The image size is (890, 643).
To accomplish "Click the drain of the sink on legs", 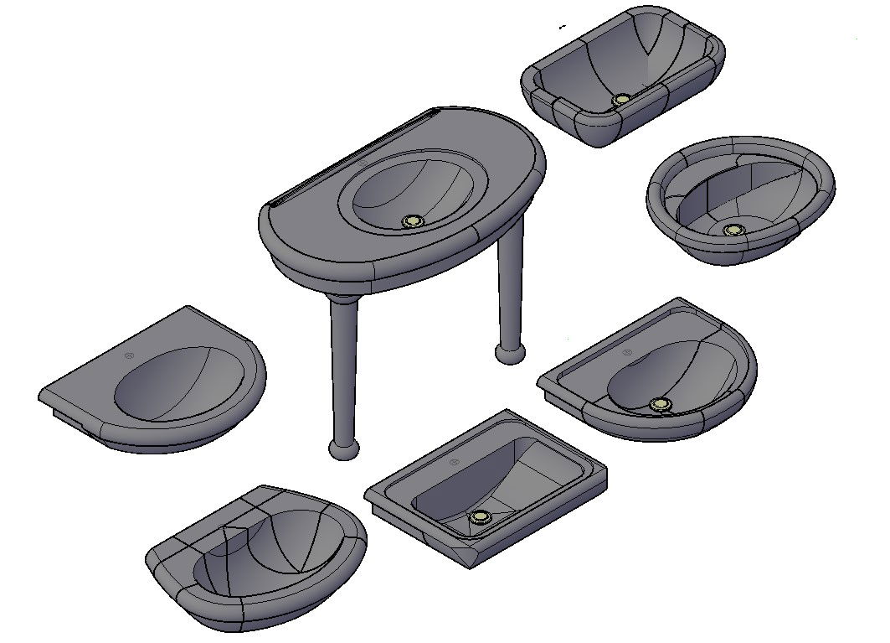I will pyautogui.click(x=413, y=221).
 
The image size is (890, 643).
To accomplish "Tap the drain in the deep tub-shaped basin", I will pyautogui.click(x=621, y=100).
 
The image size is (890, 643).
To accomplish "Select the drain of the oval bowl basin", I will pyautogui.click(x=734, y=230).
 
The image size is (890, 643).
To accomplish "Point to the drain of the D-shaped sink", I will pyautogui.click(x=661, y=405).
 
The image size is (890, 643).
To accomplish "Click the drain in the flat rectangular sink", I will pyautogui.click(x=480, y=516).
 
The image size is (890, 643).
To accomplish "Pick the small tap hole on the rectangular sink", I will pyautogui.click(x=454, y=463).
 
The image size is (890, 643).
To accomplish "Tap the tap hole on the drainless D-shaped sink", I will pyautogui.click(x=128, y=357).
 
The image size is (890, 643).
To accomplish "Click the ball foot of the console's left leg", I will pyautogui.click(x=343, y=449).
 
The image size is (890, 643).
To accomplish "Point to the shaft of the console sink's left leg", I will pyautogui.click(x=343, y=369).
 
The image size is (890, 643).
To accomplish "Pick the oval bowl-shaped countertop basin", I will pyautogui.click(x=741, y=201).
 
